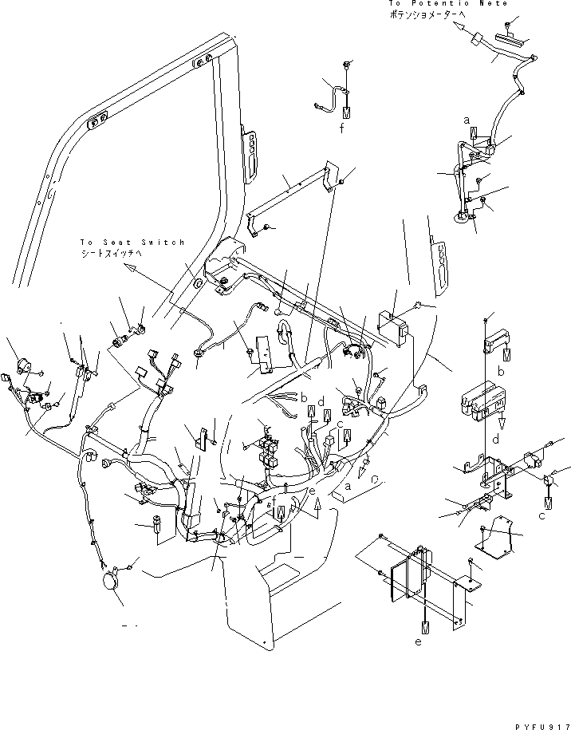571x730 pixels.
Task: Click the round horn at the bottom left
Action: pyautogui.click(x=110, y=582)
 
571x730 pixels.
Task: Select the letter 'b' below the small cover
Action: pyautogui.click(x=501, y=371)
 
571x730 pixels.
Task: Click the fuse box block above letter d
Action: pyautogui.click(x=478, y=401)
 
